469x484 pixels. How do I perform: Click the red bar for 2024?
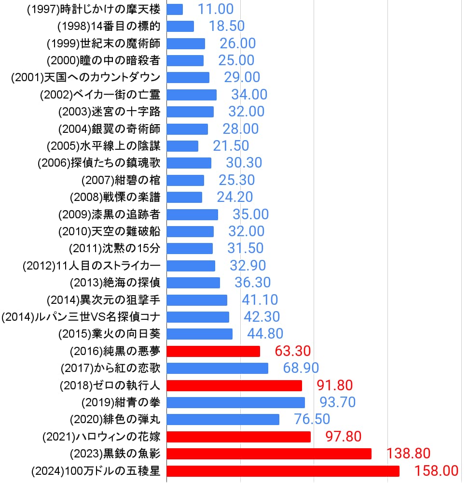coord(283,471)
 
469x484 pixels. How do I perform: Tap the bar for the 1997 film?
coord(175,9)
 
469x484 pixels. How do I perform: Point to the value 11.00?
coord(215,9)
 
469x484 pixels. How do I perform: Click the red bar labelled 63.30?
coord(213,351)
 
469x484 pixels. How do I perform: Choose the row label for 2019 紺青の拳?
coord(121,402)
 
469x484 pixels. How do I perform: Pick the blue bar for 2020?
coord(223,419)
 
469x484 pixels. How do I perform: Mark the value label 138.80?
coord(408,454)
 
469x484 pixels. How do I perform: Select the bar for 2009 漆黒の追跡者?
coord(193,214)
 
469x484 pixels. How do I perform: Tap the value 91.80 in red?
coord(335,385)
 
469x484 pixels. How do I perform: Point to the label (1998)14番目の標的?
coord(109,26)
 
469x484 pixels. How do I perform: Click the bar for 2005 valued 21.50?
coord(182,146)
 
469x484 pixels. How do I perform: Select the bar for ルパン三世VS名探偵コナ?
coord(198,317)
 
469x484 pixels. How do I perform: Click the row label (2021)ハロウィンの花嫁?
coord(101,437)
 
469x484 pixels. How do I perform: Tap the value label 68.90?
coord(301,368)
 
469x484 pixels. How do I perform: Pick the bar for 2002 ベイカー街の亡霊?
coord(192,95)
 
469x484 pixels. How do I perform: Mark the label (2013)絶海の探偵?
coord(115,283)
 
